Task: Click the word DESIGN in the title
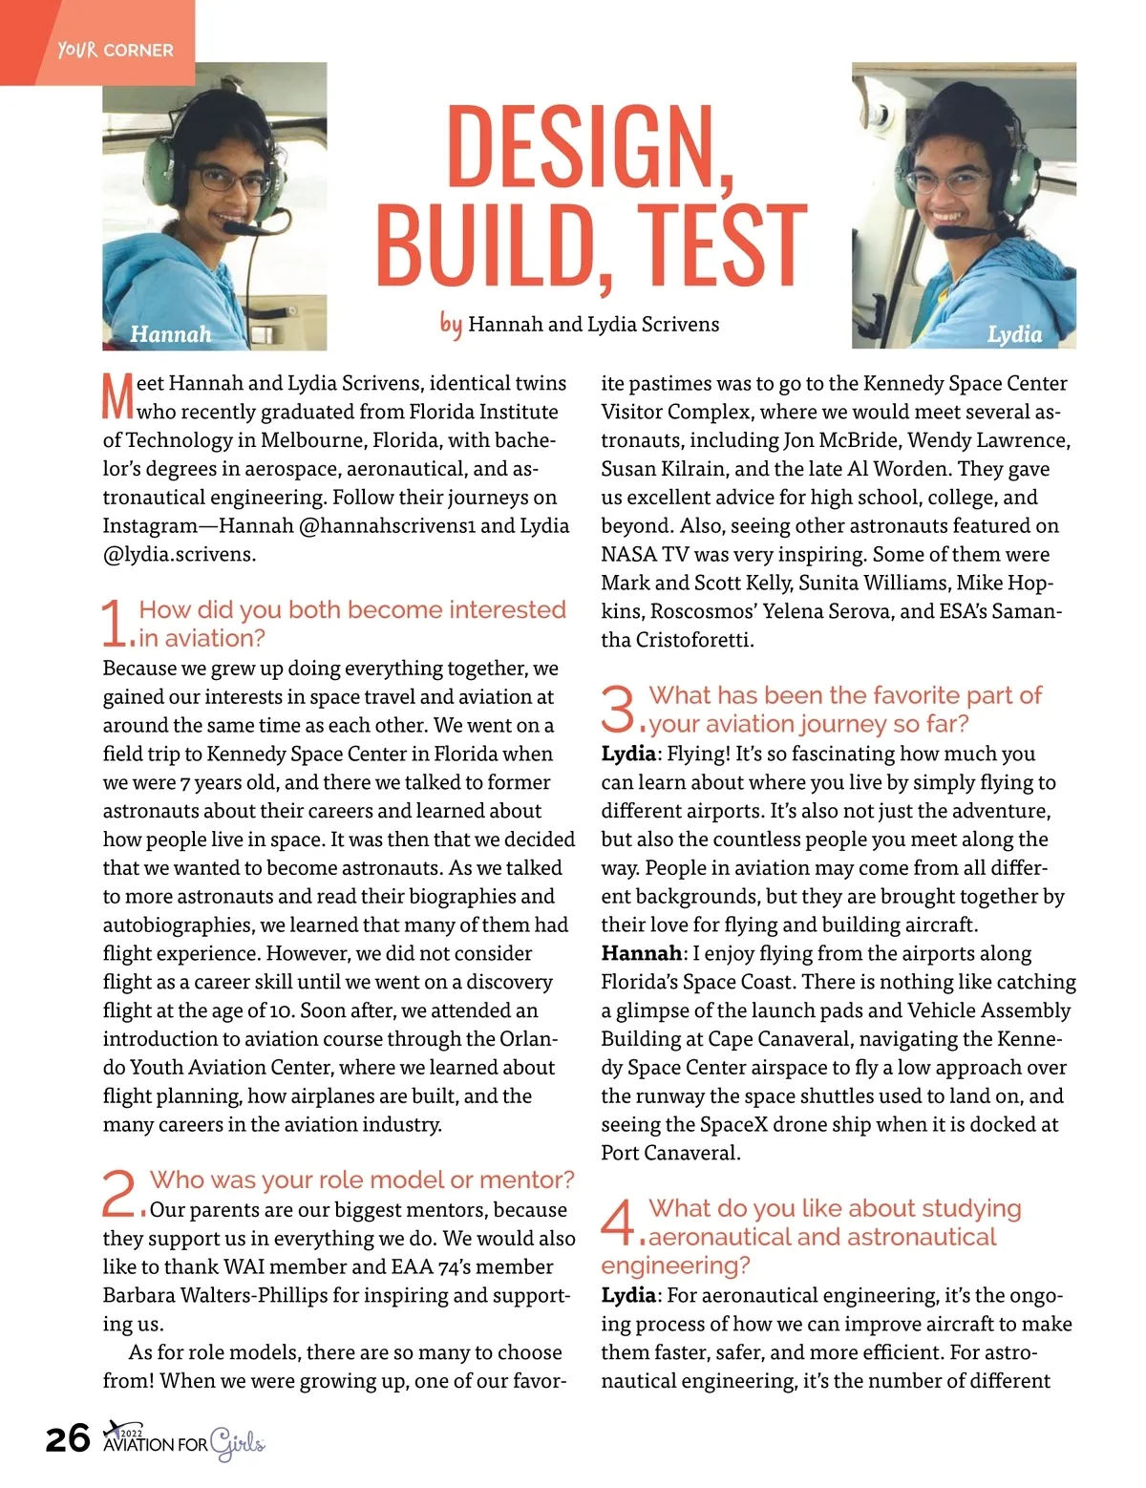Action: [588, 145]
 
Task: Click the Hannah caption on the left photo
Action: [170, 334]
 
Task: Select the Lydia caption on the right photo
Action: [1014, 334]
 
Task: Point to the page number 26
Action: [68, 1438]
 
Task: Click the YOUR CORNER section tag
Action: [115, 50]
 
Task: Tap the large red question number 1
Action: [114, 623]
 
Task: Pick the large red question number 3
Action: [619, 708]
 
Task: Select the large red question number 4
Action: [618, 1222]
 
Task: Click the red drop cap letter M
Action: [117, 396]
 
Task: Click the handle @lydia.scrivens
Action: [179, 554]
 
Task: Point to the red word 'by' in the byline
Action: [451, 324]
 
